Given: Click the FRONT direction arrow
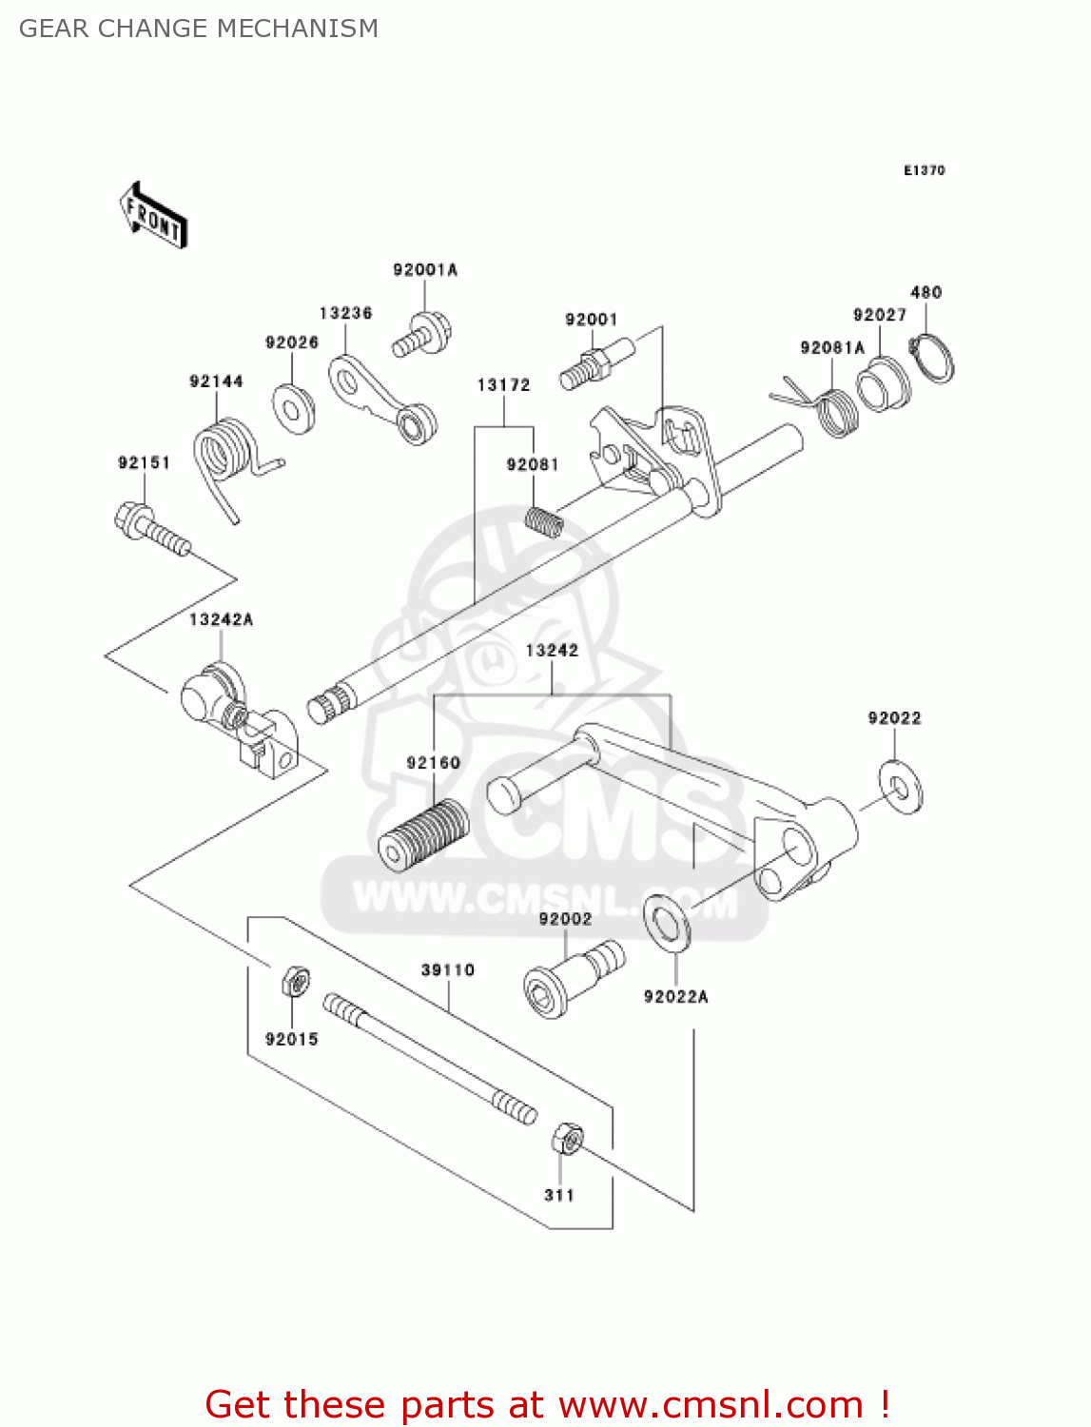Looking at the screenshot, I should point(152,216).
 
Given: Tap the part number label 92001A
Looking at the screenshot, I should point(425,270).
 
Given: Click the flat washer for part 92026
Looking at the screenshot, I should point(294,408).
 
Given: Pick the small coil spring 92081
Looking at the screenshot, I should point(545,521).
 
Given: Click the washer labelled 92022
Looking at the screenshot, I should point(900,786).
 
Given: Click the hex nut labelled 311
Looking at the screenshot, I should point(567,1139).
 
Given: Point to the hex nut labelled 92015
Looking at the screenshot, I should point(295,980).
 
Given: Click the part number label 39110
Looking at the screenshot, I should point(447,970).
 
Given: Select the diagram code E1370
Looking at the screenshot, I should point(924,170).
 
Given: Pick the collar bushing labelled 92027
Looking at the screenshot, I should point(883,384).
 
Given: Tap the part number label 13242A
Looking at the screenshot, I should point(221,620).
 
